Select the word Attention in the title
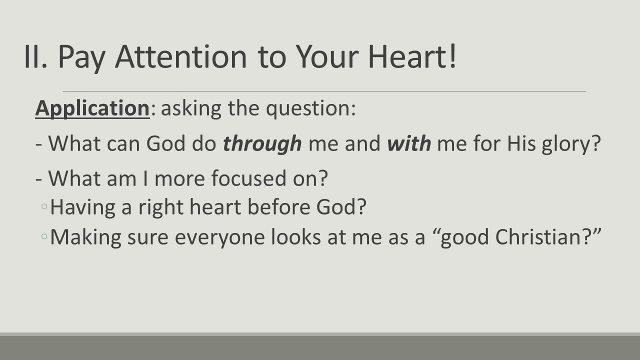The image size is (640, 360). click(180, 56)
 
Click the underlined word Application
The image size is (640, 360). click(92, 108)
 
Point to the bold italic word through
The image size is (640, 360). click(262, 144)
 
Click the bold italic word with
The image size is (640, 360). click(408, 144)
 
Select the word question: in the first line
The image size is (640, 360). click(310, 108)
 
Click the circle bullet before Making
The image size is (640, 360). click(44, 236)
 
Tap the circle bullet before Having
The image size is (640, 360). click(44, 206)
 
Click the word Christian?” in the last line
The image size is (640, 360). click(547, 237)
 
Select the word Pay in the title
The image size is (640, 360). click(83, 56)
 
